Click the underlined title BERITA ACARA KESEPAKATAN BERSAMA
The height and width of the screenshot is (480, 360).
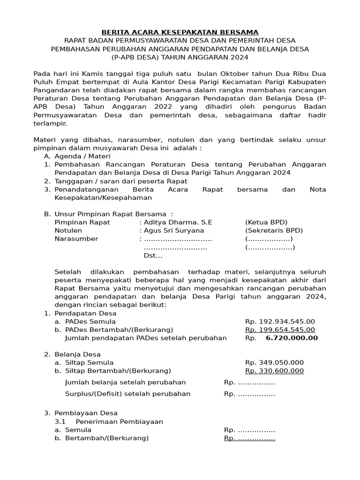tap(180, 32)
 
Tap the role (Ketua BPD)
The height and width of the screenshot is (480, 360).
tap(266, 222)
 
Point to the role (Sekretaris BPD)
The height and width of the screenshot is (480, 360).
tap(274, 231)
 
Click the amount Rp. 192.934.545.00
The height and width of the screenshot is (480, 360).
tap(280, 322)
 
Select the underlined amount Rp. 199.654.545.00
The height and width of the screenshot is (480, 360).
tap(280, 330)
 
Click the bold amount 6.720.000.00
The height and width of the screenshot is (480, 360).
tap(292, 338)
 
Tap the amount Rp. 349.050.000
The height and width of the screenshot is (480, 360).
tap(274, 363)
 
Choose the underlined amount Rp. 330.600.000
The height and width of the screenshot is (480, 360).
tap(274, 371)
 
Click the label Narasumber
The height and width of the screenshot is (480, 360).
tap(76, 239)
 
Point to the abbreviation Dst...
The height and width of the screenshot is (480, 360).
tap(152, 255)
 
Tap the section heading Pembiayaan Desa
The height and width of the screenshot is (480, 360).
tap(86, 413)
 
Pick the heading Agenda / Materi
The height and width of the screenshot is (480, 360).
tap(82, 156)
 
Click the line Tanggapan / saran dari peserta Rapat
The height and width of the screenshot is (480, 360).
tap(121, 181)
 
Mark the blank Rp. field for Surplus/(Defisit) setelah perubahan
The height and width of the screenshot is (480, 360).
tap(249, 394)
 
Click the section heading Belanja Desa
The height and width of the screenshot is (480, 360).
tap(78, 354)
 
